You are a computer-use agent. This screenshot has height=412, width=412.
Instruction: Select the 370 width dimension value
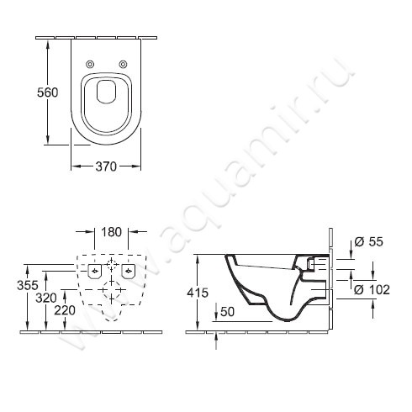tap(105, 167)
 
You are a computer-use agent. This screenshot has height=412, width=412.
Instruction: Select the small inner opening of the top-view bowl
tap(106, 92)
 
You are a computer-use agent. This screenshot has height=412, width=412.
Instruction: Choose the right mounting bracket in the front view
tap(128, 271)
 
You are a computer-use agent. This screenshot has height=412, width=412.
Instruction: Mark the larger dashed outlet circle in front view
tap(110, 292)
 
